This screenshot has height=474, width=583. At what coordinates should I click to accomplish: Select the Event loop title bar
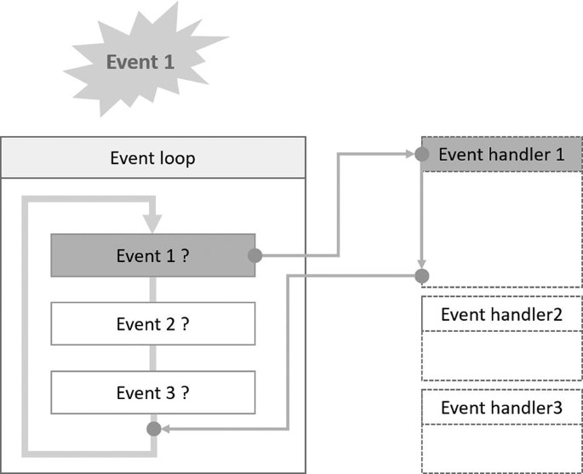tap(153, 157)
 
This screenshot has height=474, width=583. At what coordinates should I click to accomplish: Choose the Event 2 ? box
tap(153, 324)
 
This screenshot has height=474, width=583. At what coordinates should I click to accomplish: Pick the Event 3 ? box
tap(153, 393)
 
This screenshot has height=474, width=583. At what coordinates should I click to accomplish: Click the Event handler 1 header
tap(502, 154)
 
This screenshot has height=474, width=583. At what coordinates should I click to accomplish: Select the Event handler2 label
tap(502, 314)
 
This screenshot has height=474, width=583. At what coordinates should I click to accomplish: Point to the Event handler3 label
tap(502, 408)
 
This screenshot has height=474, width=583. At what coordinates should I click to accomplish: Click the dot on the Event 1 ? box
tap(254, 255)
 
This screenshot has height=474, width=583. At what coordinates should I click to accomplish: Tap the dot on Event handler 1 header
tap(421, 154)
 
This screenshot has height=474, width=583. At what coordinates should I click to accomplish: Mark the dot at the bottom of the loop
tap(154, 429)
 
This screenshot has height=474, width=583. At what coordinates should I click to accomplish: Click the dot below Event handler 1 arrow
tap(421, 276)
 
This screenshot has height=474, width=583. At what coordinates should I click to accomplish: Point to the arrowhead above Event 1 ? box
tap(152, 225)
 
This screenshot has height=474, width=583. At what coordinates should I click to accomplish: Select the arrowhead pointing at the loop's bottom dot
tap(166, 429)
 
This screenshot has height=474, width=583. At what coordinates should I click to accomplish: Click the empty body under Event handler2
tap(502, 356)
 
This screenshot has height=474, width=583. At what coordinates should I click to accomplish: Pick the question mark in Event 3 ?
tap(184, 393)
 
